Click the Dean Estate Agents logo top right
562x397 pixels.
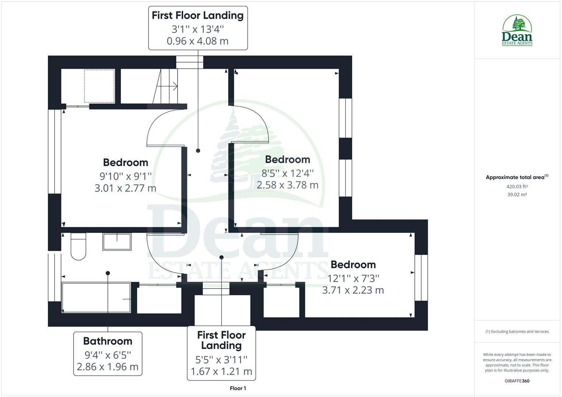coord(517,31)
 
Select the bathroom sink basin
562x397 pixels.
coord(117,242)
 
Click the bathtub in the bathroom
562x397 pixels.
coord(96,298)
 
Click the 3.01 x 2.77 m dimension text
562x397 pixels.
coord(125,188)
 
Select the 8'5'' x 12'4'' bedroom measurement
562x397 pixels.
coord(287,173)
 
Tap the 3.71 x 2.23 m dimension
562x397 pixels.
coord(353,290)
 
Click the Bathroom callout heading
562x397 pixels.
coord(107,341)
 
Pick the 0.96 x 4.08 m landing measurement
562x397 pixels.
coord(198,41)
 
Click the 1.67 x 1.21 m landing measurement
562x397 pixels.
coord(221,371)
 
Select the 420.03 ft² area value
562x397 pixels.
coord(517,186)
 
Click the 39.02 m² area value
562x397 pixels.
coord(517,194)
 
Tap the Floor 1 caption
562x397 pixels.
coord(238,388)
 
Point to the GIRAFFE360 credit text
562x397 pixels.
coord(517,381)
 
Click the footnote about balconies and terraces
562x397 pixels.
coord(517,332)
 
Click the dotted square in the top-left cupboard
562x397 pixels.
coord(99,86)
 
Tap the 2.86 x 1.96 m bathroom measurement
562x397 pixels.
coord(107,367)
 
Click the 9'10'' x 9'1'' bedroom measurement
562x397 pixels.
coord(125,176)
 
